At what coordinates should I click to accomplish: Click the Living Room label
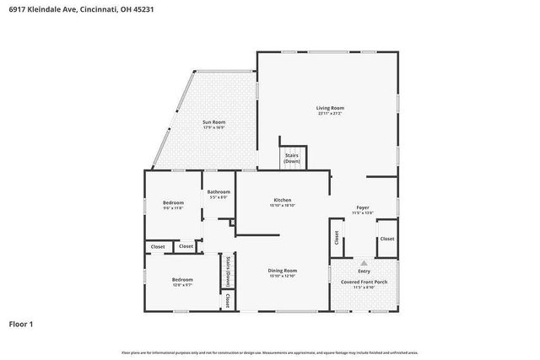pos(330,108)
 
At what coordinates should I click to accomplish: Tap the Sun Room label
pos(213,123)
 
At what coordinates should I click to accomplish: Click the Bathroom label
pos(219,192)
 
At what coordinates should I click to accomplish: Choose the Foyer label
pos(362,207)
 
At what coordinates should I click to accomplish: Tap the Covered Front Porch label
pos(364,282)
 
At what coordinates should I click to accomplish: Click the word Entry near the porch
pos(364,271)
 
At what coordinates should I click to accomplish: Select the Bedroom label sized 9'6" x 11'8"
pos(173,202)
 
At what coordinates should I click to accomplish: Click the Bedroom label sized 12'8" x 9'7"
pos(182,279)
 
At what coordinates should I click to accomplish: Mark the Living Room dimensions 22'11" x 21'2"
pos(330,113)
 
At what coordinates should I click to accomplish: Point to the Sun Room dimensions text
pos(213,128)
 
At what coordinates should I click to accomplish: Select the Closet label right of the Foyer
pos(386,239)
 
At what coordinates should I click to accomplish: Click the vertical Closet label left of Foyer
pos(337,238)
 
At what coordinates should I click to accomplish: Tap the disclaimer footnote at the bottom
pos(270,352)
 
